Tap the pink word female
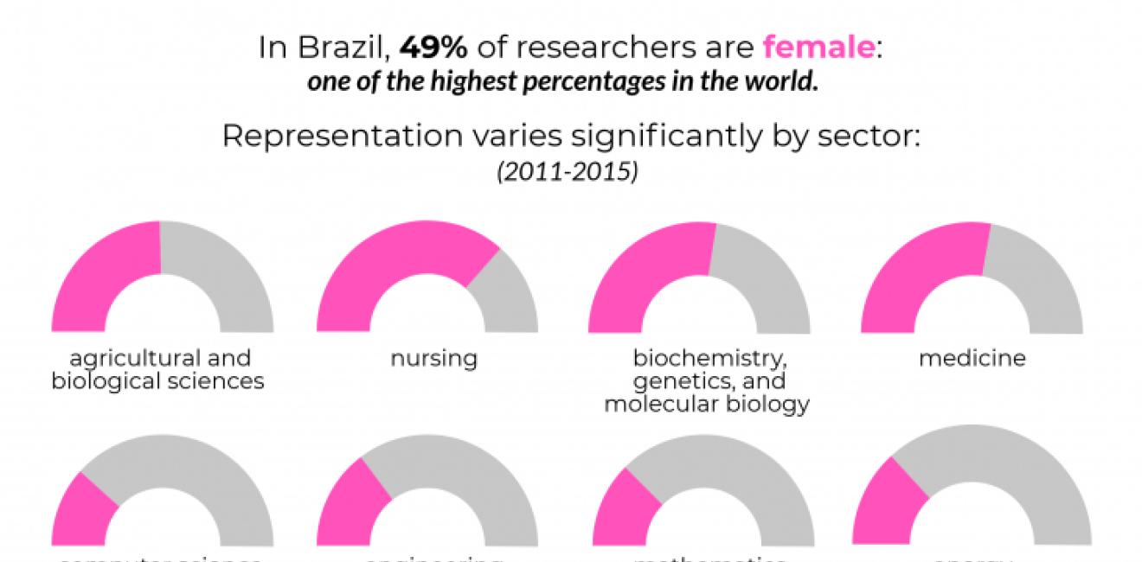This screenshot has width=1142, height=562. (x=818, y=48)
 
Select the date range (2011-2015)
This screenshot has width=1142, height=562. (x=568, y=172)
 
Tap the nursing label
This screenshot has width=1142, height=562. (x=433, y=358)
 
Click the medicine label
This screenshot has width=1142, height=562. (x=972, y=358)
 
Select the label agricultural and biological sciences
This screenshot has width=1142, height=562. (x=157, y=369)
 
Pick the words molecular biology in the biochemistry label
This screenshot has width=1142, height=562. (x=707, y=404)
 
